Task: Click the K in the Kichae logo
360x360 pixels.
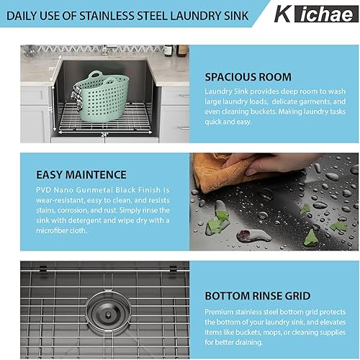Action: point(283,14)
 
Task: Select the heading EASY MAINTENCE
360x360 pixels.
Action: point(81,174)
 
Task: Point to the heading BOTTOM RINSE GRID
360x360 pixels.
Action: point(258,295)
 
